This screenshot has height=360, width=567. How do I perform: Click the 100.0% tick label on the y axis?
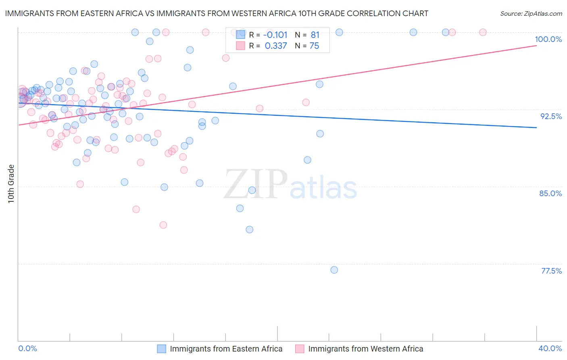pos(548,39)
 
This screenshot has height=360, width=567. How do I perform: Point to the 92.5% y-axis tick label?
pos(551,116)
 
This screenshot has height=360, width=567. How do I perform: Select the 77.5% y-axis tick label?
pos(551,271)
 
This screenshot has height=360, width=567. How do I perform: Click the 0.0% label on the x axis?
pos(27,349)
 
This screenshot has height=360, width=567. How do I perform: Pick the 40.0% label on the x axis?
pos(550,349)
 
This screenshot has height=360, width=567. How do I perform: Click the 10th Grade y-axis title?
pos(11,184)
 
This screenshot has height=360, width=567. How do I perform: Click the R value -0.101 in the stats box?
pos(275,35)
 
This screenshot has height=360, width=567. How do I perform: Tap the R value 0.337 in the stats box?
pos(276,46)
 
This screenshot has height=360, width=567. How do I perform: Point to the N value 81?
pos(315,35)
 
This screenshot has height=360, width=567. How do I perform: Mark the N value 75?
pos(314,46)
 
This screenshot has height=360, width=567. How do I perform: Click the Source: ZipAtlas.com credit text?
pos(531,14)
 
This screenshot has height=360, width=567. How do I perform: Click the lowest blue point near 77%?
pos(334,270)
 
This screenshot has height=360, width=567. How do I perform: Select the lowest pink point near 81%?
pos(163,225)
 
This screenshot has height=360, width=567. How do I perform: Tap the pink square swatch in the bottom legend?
pos(300,349)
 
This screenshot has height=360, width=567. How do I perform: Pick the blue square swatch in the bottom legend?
pos(161,349)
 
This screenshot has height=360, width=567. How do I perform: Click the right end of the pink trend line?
pos(536,46)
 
